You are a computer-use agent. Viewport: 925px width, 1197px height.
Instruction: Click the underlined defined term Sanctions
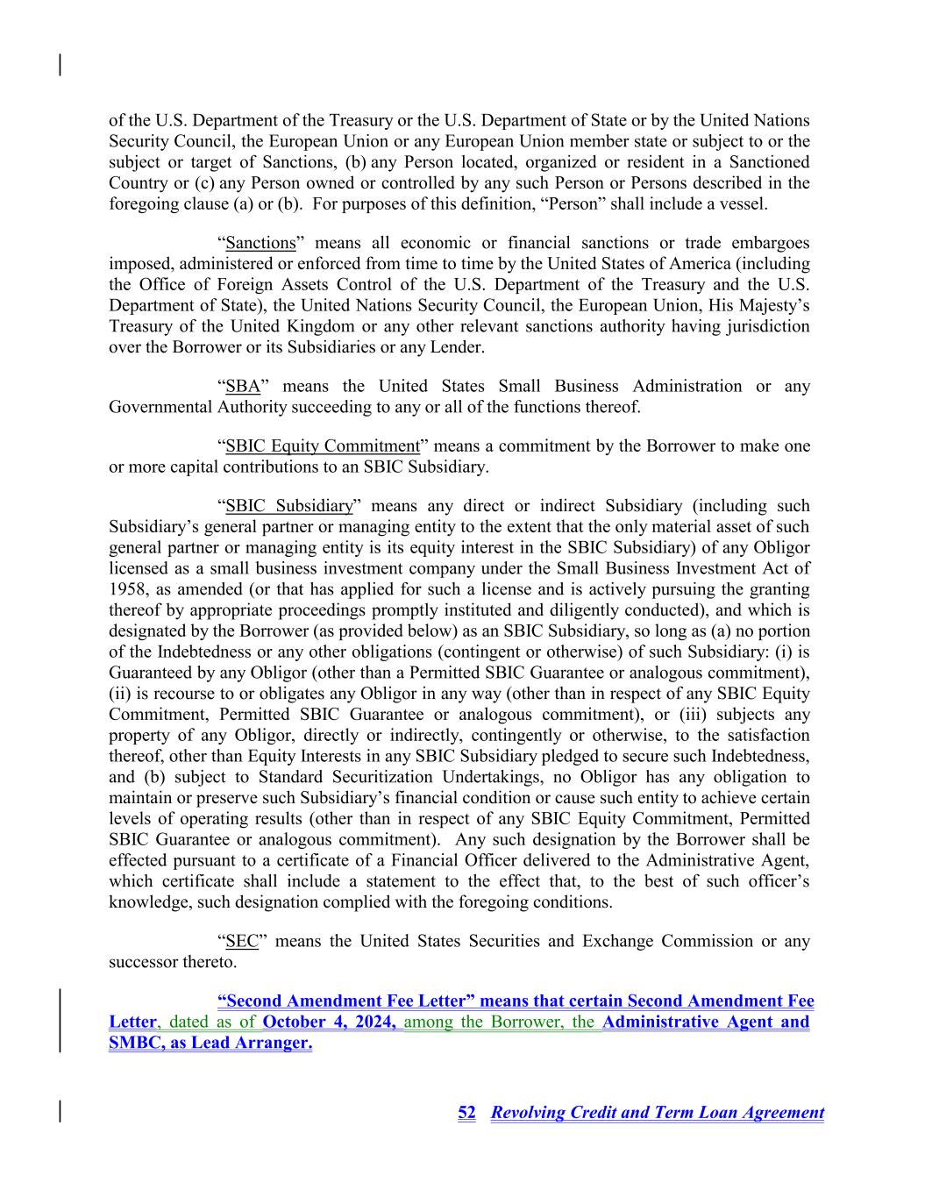point(260,243)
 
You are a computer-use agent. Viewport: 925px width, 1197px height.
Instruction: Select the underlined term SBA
point(243,387)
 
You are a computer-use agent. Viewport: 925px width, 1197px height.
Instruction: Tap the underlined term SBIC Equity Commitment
point(323,446)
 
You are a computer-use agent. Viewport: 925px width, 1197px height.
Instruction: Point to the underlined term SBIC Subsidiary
point(289,506)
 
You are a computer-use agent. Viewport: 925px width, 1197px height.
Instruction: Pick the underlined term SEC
point(242,942)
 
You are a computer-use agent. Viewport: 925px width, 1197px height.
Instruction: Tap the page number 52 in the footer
point(466,1113)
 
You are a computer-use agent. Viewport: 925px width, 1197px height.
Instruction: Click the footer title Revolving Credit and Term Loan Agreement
point(658,1113)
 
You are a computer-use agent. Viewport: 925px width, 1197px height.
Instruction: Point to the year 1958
point(126,589)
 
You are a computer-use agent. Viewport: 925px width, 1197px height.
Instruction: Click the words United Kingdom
point(298,326)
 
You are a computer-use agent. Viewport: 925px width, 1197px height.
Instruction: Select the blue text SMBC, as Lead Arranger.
point(210,1044)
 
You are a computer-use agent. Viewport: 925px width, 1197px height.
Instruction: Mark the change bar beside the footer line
point(60,1110)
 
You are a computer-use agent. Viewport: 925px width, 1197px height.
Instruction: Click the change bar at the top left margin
point(60,65)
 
